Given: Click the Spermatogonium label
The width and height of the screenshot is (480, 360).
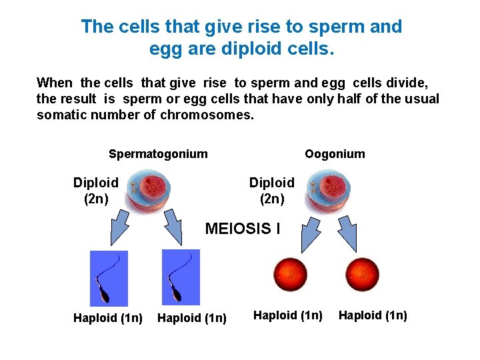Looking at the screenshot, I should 158,154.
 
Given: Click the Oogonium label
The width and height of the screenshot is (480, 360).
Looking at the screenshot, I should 335,154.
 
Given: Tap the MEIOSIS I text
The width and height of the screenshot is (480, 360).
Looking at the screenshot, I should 243,229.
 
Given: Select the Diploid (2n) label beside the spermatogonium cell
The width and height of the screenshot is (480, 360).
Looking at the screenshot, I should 96,191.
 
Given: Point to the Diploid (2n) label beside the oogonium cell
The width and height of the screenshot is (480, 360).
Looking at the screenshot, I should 271,191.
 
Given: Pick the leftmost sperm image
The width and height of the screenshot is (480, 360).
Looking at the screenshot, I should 109,278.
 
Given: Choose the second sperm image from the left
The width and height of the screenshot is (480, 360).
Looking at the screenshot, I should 181,277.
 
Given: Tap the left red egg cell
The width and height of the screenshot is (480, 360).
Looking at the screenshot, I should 291,274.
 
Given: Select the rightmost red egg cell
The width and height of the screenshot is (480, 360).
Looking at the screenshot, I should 361,274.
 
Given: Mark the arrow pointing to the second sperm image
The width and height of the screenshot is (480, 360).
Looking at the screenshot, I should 175,227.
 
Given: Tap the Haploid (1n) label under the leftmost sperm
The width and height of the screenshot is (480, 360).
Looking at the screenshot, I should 108,319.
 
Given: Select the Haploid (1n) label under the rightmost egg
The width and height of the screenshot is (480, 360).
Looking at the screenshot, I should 373,315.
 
